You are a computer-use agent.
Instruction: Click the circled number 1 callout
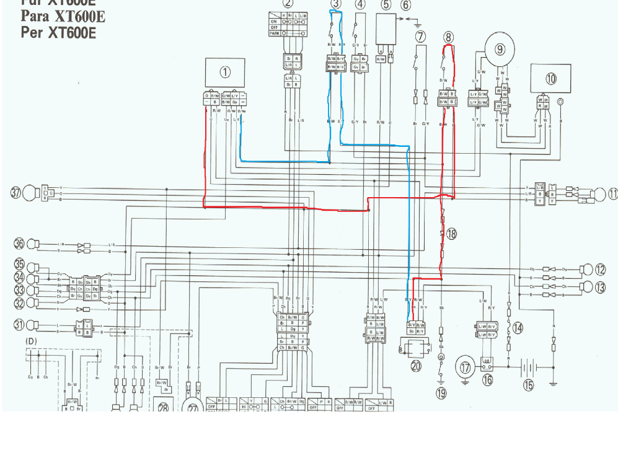coord(225,72)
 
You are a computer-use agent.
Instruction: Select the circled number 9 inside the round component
coord(500,49)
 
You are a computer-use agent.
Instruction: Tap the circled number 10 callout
coord(551,79)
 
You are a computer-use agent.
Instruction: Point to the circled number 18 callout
coord(451,234)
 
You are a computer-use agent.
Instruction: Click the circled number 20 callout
coord(415,366)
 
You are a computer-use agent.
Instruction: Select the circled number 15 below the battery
coord(528,385)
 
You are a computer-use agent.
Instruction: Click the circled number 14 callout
coord(518,328)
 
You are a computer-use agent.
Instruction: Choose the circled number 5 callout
coord(386,5)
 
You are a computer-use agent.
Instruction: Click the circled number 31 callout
coord(19,324)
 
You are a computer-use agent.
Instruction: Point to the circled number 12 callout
coord(600,270)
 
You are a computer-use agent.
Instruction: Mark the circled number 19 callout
coord(441,393)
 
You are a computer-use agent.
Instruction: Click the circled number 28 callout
coord(163,407)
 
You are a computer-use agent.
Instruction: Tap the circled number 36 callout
coord(19,244)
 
